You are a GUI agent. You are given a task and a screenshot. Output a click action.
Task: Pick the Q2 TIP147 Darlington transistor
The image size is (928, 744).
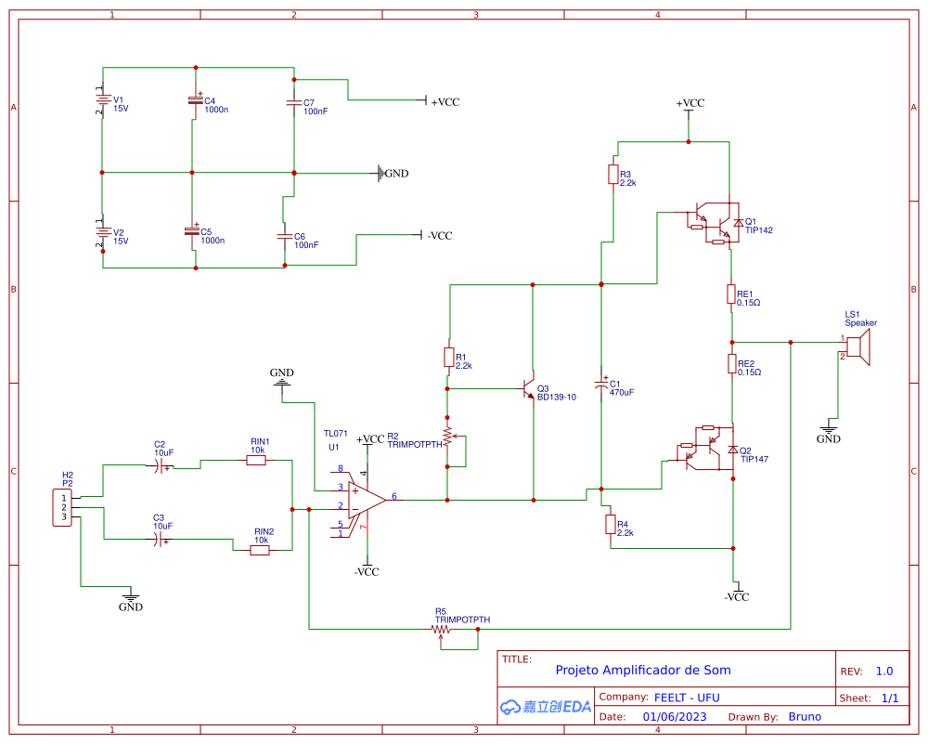[711, 450]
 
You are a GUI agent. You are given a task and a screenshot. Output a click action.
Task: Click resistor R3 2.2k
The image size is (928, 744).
[612, 175]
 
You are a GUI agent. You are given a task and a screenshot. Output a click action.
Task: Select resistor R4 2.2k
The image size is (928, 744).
[610, 526]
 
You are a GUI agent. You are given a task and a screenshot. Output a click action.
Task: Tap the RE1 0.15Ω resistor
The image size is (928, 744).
[731, 295]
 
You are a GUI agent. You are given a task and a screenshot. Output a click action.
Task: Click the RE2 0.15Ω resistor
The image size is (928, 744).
[731, 363]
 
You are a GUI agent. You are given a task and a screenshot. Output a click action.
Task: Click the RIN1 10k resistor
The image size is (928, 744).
[257, 460]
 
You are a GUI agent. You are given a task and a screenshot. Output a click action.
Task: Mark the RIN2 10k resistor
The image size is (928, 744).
[261, 550]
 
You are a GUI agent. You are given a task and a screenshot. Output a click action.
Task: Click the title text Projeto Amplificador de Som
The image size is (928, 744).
[642, 670]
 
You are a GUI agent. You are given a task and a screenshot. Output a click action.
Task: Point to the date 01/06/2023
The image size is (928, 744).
[675, 716]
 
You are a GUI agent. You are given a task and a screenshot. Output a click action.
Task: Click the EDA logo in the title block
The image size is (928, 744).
[546, 707]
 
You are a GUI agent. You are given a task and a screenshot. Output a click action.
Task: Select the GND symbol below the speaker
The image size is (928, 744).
[829, 432]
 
